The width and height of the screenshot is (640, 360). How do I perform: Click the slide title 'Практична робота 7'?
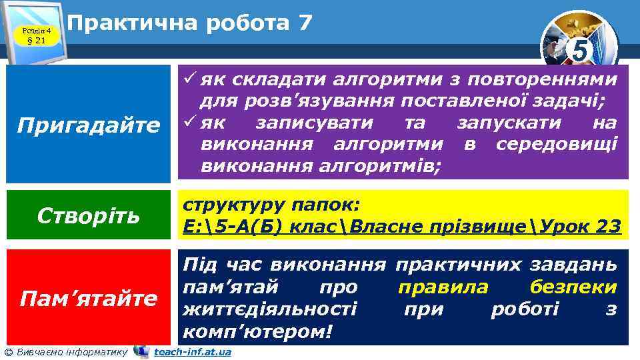(x=190, y=23)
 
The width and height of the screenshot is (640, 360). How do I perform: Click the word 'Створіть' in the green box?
(x=89, y=215)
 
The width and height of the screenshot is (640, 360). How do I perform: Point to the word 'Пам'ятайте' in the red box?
(x=89, y=297)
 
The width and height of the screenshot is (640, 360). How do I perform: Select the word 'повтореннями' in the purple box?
(x=543, y=81)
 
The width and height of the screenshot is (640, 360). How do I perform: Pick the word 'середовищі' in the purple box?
(x=557, y=143)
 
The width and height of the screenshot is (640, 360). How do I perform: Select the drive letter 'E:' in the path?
(x=193, y=227)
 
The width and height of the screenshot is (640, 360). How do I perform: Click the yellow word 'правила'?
(x=443, y=287)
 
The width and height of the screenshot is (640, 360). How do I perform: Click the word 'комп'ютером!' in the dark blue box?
(x=257, y=331)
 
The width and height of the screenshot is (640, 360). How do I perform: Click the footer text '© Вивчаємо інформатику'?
(x=66, y=352)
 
